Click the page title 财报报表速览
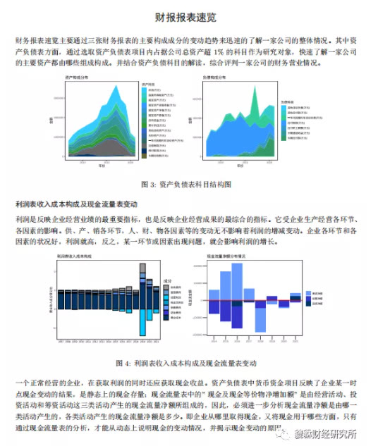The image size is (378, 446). click(x=188, y=16)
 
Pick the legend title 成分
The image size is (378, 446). click(x=167, y=280)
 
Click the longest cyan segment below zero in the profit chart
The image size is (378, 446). click(x=143, y=323)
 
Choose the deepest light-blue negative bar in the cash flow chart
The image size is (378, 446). click(x=260, y=316)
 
